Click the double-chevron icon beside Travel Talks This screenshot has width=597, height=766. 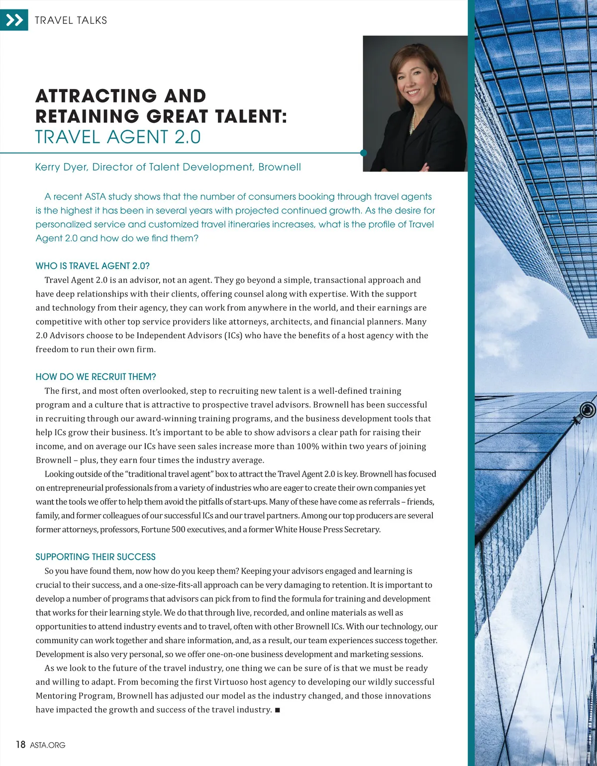click(14, 20)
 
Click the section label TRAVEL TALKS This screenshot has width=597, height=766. click(71, 20)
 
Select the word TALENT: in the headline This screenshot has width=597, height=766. click(251, 116)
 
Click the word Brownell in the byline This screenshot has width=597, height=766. click(280, 167)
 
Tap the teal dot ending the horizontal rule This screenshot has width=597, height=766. click(363, 153)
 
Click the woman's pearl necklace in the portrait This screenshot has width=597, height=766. click(413, 122)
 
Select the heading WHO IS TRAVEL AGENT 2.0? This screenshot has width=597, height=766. click(93, 266)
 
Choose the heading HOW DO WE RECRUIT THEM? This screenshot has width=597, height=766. click(96, 377)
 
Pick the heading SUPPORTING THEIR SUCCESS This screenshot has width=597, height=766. click(96, 557)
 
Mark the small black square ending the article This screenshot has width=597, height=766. click(277, 710)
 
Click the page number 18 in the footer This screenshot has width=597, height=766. click(20, 745)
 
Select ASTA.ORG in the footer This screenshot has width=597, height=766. click(48, 745)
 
